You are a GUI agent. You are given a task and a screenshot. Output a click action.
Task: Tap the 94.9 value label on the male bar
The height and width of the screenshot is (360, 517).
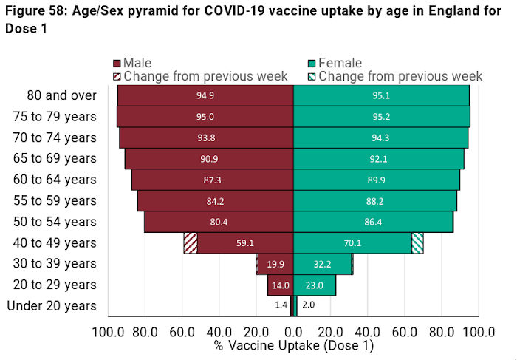point(205,95)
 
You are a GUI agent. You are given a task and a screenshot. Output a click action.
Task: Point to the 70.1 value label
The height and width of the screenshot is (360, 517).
point(353,243)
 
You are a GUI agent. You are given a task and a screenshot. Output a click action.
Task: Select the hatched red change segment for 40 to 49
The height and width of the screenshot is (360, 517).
point(191,243)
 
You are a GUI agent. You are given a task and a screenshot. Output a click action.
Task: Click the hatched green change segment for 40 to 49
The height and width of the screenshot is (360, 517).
point(417,243)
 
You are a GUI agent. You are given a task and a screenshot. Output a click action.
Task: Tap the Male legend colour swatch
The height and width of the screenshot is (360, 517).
point(117,64)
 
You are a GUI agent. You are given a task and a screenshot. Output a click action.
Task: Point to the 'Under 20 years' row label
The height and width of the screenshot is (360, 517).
point(52,306)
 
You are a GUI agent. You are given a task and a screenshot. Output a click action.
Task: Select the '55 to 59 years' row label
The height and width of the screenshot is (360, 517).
point(55,201)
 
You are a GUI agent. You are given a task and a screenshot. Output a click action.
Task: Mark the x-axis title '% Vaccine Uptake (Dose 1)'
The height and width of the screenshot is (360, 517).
point(294,345)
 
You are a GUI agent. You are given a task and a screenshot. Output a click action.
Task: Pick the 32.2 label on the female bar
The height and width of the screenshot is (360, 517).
point(323,264)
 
